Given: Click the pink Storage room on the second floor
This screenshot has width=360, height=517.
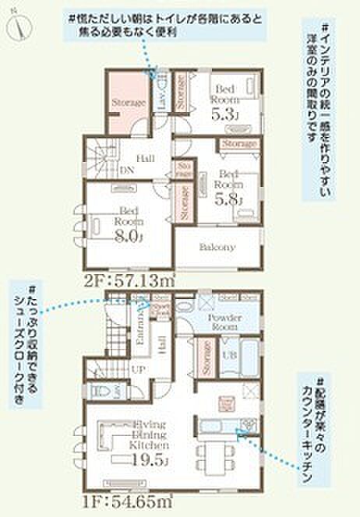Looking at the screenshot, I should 128,102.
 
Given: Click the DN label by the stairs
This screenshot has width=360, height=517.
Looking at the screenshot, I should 126,171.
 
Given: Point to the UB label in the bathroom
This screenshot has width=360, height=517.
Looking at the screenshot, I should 231,355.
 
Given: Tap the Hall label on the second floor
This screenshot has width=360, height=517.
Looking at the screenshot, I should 144,158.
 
